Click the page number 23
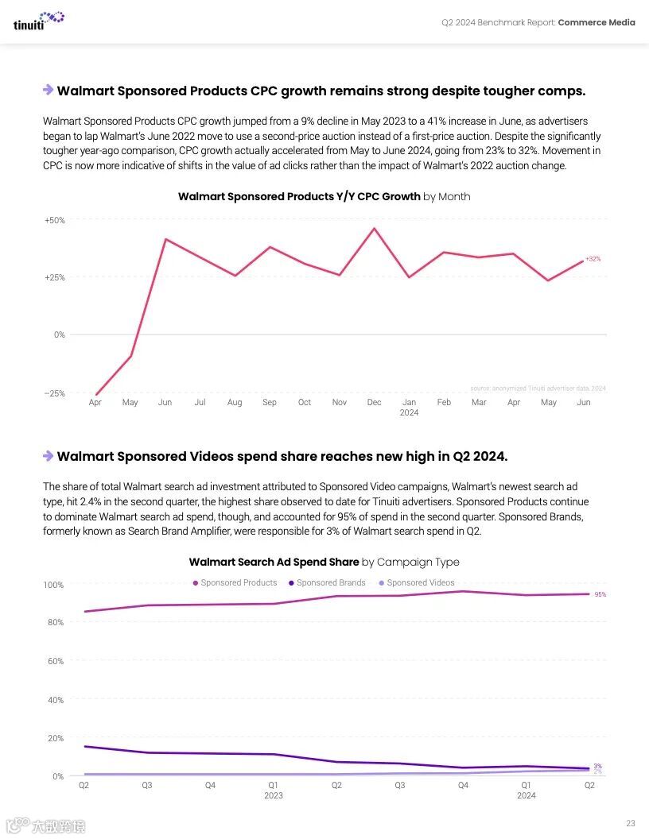630,823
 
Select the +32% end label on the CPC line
593,259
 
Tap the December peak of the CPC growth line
374,229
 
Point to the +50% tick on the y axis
54,220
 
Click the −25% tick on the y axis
54,393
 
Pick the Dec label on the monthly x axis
374,403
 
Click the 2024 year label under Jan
409,413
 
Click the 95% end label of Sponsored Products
600,594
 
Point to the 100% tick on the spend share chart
53,586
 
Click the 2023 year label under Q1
273,795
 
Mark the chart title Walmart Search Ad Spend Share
274,562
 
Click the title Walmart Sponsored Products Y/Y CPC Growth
299,196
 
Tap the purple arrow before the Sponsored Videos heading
48,456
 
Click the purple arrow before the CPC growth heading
48,91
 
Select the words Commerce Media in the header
597,22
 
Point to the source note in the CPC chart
538,389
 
